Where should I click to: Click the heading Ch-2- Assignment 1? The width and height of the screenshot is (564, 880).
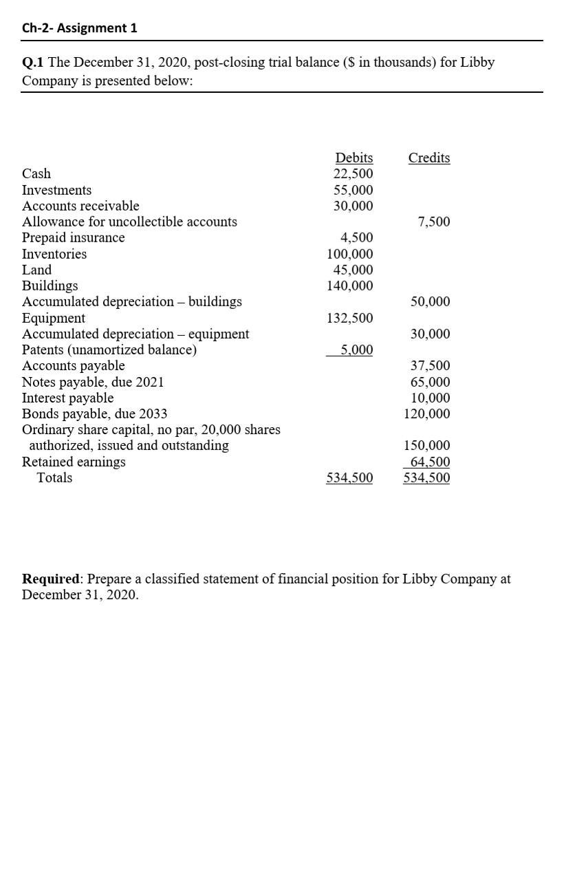tap(80, 28)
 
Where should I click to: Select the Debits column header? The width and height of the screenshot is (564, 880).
tap(354, 158)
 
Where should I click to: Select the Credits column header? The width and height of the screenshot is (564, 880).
tap(429, 158)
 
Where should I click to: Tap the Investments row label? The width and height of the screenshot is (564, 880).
tap(56, 190)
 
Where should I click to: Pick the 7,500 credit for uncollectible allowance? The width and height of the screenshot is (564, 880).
tap(434, 222)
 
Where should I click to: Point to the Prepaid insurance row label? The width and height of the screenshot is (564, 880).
tap(74, 237)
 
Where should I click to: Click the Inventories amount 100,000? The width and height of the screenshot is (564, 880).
tap(350, 254)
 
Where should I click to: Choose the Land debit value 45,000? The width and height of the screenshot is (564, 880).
tap(354, 270)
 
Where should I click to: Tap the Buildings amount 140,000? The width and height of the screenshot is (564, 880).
tap(350, 286)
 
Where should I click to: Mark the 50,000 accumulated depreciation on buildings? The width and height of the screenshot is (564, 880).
tap(431, 301)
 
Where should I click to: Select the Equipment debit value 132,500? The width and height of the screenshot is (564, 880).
tap(350, 318)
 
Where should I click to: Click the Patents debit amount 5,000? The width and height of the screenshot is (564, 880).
tap(357, 350)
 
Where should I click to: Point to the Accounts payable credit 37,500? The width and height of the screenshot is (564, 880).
tap(431, 366)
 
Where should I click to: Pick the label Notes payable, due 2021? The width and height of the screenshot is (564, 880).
tap(93, 382)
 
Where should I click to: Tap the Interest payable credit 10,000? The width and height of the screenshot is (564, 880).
tap(431, 398)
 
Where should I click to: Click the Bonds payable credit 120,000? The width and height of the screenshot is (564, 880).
tap(427, 414)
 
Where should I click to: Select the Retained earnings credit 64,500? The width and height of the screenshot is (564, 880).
tap(430, 462)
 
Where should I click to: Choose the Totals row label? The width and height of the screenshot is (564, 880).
tap(54, 477)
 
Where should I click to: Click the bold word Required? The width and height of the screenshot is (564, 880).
tap(51, 579)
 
